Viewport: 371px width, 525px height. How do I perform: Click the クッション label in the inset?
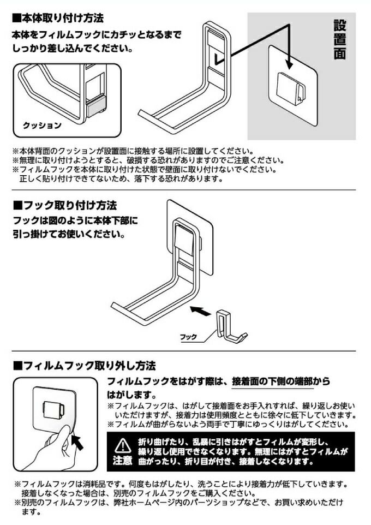(x=42, y=126)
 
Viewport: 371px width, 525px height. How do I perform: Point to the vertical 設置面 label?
(x=339, y=39)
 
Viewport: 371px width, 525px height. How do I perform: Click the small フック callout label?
(x=189, y=337)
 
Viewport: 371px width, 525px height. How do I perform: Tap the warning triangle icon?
(x=123, y=446)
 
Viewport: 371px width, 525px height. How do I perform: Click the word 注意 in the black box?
(x=123, y=461)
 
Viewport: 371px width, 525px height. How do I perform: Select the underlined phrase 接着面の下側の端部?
(x=273, y=381)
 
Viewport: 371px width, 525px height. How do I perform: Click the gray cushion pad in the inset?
(x=97, y=106)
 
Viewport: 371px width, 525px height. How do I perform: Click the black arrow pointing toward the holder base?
(x=200, y=311)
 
